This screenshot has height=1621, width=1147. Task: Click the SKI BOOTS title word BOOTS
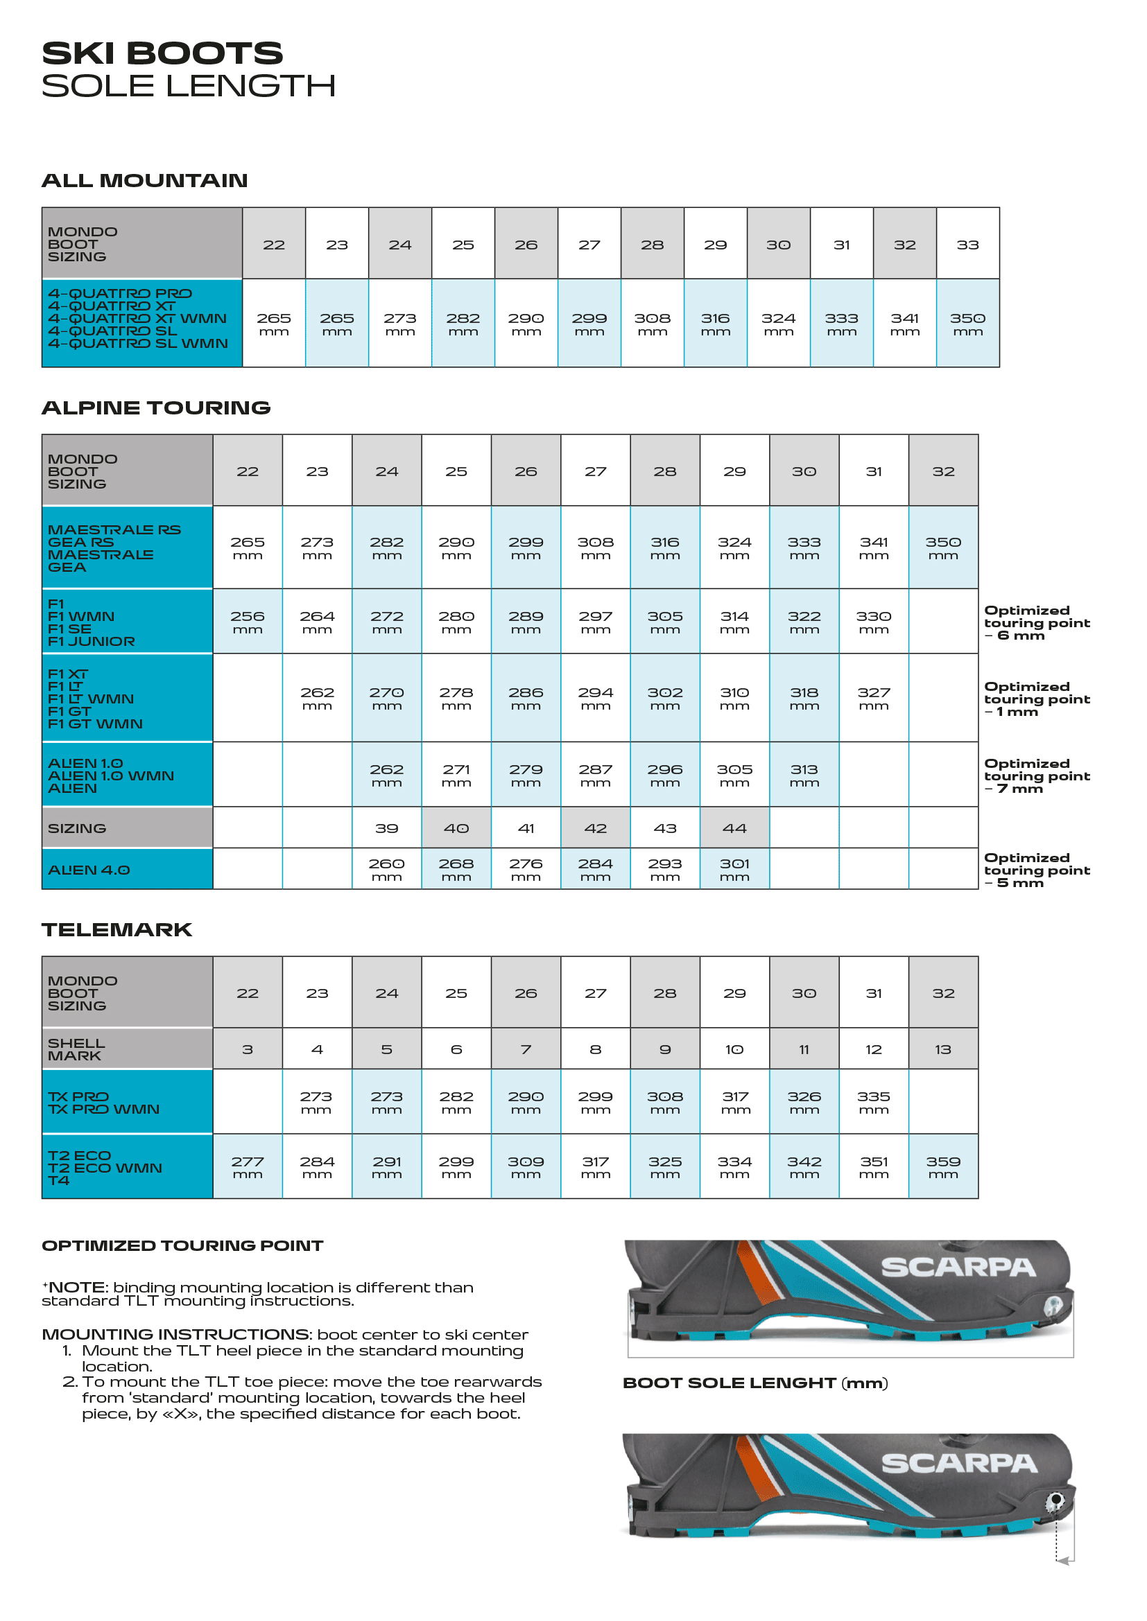coord(205,53)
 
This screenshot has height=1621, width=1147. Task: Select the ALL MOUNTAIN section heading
coord(145,181)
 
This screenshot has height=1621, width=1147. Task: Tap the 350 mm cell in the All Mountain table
coord(967,324)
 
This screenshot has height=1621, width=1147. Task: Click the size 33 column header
coord(967,245)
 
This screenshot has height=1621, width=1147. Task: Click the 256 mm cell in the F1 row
coord(247,621)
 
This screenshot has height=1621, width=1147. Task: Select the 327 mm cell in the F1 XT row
coord(874,698)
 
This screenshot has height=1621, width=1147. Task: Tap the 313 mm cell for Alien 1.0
coord(804,775)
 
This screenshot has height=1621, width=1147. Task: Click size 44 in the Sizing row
coord(734,828)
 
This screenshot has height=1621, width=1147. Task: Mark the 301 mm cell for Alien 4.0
coord(734,869)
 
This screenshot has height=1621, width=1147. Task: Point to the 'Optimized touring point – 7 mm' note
coord(1036,776)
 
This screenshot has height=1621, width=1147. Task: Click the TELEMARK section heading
coord(117,930)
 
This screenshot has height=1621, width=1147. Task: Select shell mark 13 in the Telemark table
coord(943,1049)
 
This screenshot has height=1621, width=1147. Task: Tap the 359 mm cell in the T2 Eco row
coord(943,1167)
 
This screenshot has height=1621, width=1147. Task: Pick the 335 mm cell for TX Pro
coord(874,1102)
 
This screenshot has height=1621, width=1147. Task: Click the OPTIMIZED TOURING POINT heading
coord(182,1246)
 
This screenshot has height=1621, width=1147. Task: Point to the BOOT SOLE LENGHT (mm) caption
coord(755,1383)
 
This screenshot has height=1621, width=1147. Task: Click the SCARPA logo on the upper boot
coord(958,1268)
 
